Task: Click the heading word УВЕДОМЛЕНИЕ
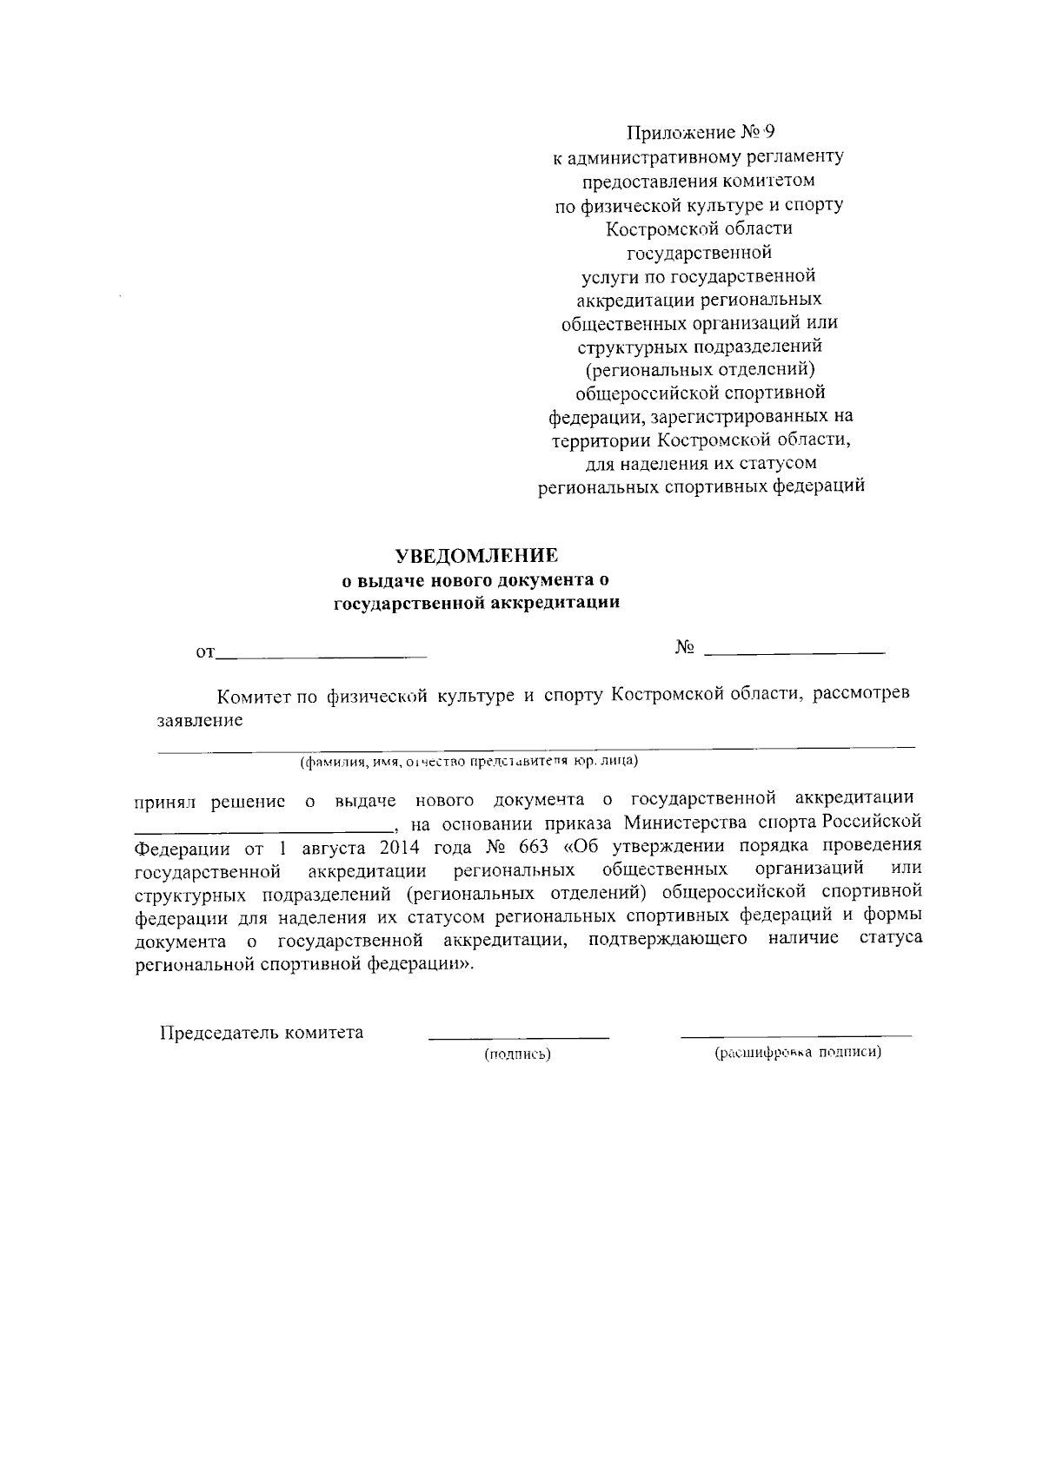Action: point(477,555)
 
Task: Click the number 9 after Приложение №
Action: point(767,133)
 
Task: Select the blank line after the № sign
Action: point(794,651)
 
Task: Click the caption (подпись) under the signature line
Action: point(518,1055)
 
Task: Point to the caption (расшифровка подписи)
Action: point(798,1054)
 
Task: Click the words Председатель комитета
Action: point(262,1033)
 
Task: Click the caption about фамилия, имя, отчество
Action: point(469,762)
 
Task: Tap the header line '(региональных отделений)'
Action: point(700,370)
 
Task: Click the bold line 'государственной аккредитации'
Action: point(477,603)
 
